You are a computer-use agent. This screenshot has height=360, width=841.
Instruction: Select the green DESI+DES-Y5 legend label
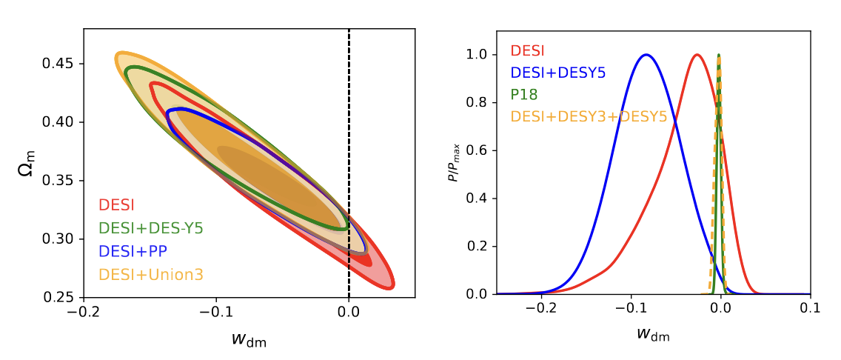[150, 228]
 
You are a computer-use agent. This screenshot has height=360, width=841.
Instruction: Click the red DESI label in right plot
[527, 51]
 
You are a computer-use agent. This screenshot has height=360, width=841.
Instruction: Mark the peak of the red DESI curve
[697, 55]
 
